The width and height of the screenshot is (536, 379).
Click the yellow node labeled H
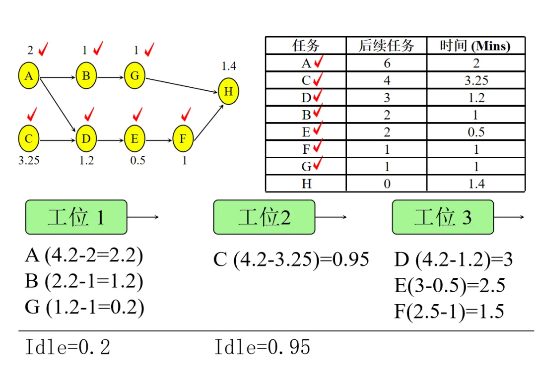[x=228, y=92]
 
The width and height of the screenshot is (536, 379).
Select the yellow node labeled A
[x=29, y=76]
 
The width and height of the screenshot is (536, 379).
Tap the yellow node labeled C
[x=29, y=139]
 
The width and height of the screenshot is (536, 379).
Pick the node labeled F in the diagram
[x=183, y=139]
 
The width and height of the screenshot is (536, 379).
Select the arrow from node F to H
[x=207, y=122]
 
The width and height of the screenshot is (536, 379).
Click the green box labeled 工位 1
[x=76, y=217]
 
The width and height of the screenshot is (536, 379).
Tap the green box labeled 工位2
[x=264, y=217]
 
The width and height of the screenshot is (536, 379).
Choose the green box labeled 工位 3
[x=443, y=217]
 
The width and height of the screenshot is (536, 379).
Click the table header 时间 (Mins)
[x=475, y=46]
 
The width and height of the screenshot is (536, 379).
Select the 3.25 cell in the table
[x=475, y=80]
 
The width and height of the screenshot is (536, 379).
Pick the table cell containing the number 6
[x=387, y=63]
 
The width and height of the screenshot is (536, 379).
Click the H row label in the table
[x=306, y=184]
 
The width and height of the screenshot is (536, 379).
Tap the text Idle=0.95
[x=262, y=347]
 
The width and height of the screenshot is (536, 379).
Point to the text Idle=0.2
[x=67, y=347]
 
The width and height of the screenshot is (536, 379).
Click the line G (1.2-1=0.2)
[x=84, y=308]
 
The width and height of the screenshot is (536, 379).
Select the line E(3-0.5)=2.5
[x=449, y=286]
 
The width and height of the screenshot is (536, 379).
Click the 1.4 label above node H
[x=229, y=66]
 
